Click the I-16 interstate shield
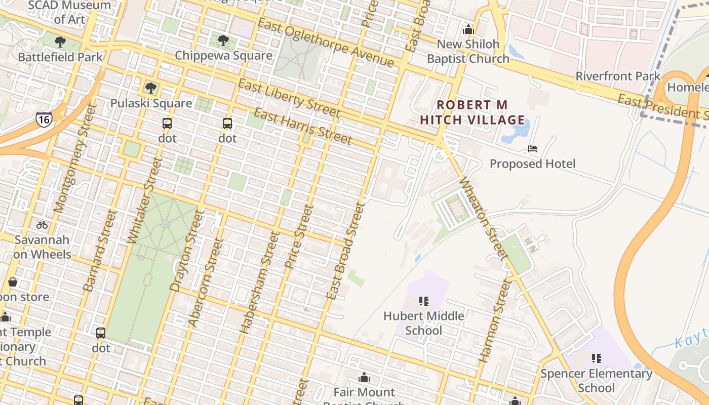(x=44, y=119)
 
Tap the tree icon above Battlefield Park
(x=60, y=42)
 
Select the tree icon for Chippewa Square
(x=223, y=40)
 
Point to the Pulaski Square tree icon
(x=150, y=88)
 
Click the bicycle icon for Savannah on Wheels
(x=42, y=225)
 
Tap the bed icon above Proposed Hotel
(x=532, y=149)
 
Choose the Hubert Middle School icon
(x=424, y=301)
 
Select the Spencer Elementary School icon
(x=597, y=358)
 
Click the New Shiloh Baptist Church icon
(x=468, y=29)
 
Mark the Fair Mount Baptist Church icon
(x=364, y=377)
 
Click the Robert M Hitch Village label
(x=472, y=112)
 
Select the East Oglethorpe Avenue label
(x=325, y=43)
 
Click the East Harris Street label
(x=302, y=126)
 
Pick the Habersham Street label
(x=260, y=282)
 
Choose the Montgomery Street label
(x=74, y=158)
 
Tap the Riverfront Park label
(x=618, y=76)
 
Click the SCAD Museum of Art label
(x=70, y=12)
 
